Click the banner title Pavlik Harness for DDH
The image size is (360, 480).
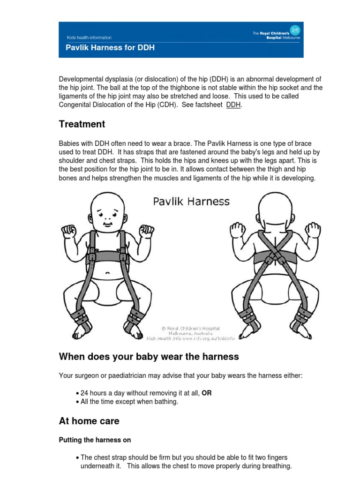pyautogui.click(x=110, y=48)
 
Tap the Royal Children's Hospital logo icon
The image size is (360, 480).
pyautogui.click(x=295, y=30)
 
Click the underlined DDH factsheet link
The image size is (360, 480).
pyautogui.click(x=233, y=105)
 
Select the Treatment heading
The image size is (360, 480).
pyautogui.click(x=82, y=124)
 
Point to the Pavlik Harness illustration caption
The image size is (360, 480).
pyautogui.click(x=191, y=202)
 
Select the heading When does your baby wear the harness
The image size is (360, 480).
pyautogui.click(x=149, y=357)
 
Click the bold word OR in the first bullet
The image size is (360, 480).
pyautogui.click(x=207, y=393)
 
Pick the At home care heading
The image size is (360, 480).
pyautogui.click(x=89, y=421)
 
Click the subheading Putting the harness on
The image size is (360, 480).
pyautogui.click(x=95, y=440)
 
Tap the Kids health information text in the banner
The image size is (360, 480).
pyautogui.click(x=89, y=37)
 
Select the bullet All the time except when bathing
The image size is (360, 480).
pyautogui.click(x=129, y=402)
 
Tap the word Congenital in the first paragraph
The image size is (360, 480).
pyautogui.click(x=75, y=105)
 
